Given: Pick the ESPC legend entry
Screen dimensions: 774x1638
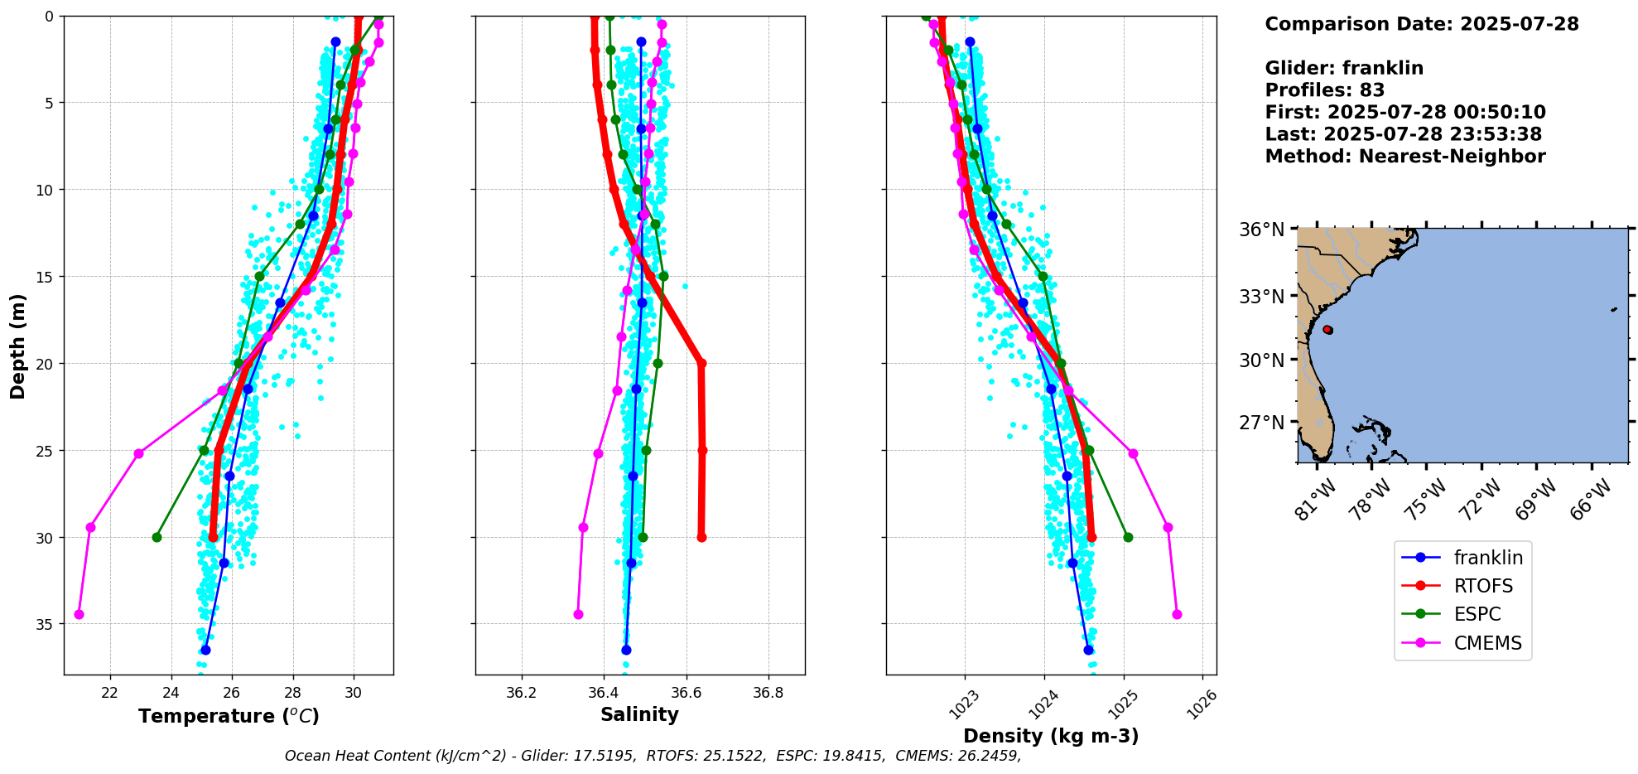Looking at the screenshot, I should [1477, 614].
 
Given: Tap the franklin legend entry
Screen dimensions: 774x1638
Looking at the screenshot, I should [1487, 558].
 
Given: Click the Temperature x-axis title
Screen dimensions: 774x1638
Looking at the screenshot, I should [229, 716].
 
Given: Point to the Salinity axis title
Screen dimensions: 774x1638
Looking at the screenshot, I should [639, 714].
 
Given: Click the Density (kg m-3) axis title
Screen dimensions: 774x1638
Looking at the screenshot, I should [1051, 736].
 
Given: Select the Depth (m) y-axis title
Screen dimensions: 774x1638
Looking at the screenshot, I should [17, 346].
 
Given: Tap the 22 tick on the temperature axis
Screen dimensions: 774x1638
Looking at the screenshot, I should [109, 693].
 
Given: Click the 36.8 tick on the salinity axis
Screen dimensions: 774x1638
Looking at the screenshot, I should [768, 693].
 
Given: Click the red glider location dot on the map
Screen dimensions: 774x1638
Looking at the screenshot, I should [1327, 330].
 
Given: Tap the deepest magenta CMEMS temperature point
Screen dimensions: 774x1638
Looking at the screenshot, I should [79, 614].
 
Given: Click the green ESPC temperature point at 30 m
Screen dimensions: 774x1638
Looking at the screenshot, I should [157, 537].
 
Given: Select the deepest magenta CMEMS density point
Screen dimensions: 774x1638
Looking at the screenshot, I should [1177, 614].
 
